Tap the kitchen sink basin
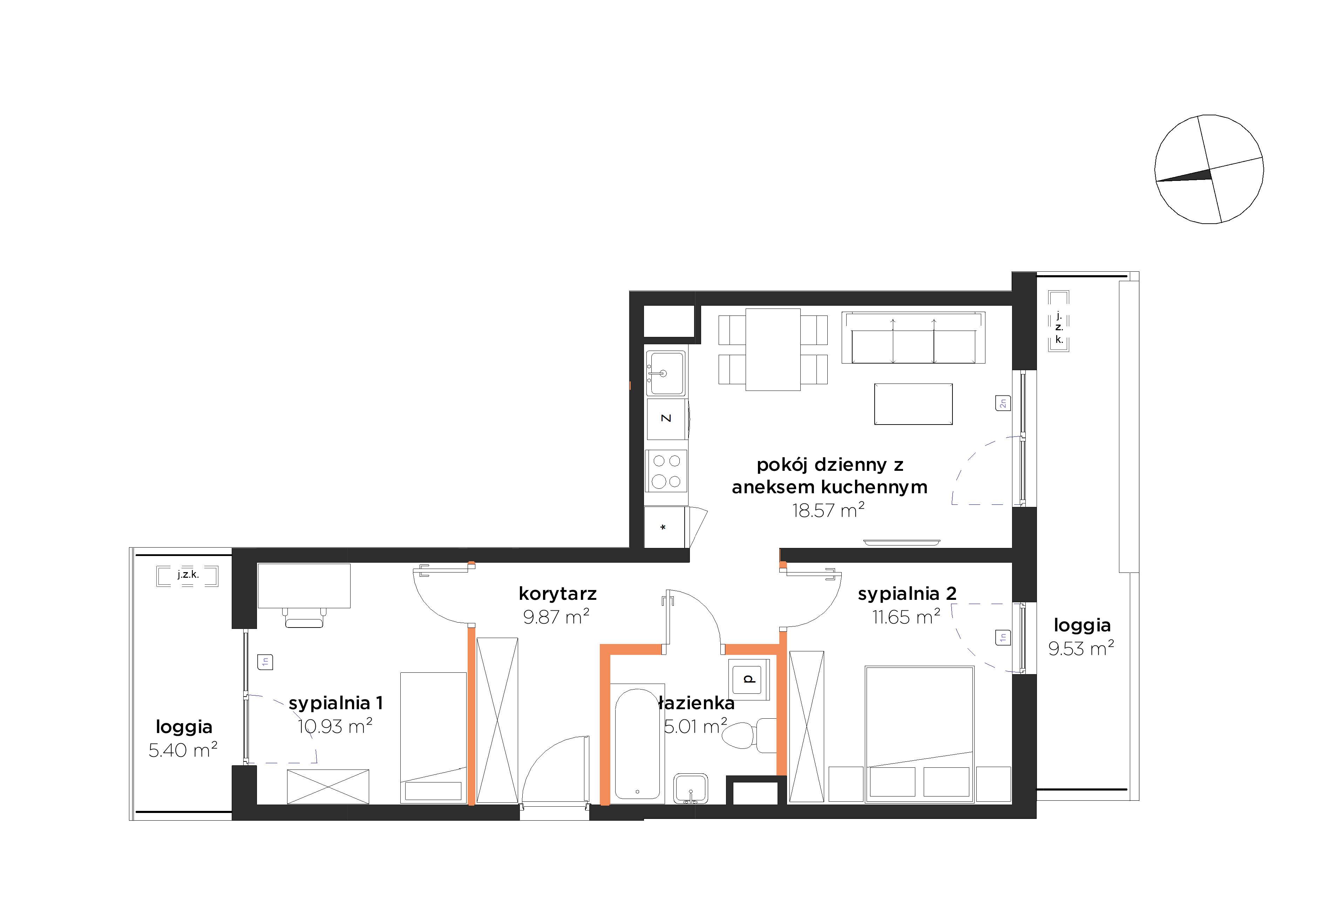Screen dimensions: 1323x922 (x=666, y=373)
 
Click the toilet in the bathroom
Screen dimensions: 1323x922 (x=749, y=736)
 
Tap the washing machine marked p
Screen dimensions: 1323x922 (x=748, y=678)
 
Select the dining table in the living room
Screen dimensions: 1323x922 (x=773, y=350)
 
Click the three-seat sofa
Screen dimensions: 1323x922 (x=913, y=338)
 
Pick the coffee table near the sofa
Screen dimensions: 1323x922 (x=913, y=404)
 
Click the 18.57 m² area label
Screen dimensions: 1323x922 (x=828, y=510)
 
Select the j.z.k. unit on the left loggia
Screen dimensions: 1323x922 (x=187, y=576)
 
